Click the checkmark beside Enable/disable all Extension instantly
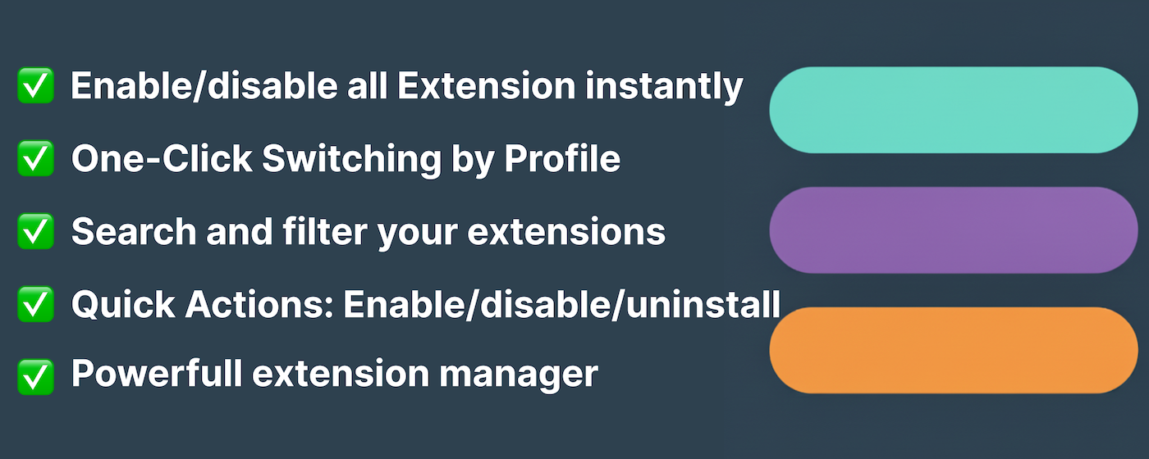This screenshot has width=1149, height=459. (35, 86)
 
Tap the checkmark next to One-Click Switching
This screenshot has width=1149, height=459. (35, 158)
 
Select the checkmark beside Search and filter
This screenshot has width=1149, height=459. (35, 231)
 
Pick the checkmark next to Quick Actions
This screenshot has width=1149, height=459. (35, 304)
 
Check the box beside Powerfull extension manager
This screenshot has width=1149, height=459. (35, 376)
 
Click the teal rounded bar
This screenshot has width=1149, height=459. (953, 110)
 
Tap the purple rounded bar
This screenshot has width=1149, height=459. (953, 230)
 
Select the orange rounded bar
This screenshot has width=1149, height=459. (953, 350)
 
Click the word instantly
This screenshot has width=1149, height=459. (663, 86)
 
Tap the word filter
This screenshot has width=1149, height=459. (331, 231)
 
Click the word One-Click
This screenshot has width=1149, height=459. (162, 158)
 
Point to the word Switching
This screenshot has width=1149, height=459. (351, 159)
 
